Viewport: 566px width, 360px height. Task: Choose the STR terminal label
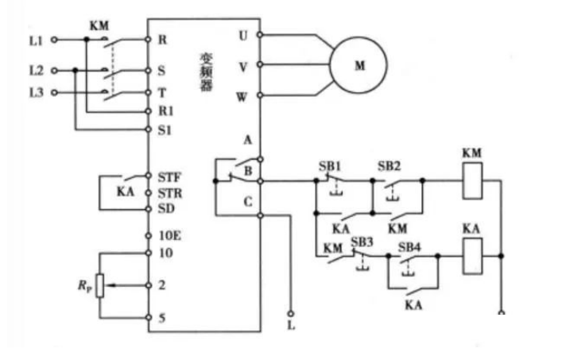pyautogui.click(x=168, y=192)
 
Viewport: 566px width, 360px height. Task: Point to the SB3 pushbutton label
pyautogui.click(x=362, y=241)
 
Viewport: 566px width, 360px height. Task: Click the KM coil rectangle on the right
pyautogui.click(x=471, y=181)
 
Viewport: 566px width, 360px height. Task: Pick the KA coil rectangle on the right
pyautogui.click(x=471, y=256)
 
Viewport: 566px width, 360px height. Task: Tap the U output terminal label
pyautogui.click(x=244, y=36)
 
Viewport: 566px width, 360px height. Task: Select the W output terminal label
pyautogui.click(x=243, y=97)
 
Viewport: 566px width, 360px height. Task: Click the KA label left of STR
pyautogui.click(x=125, y=192)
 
